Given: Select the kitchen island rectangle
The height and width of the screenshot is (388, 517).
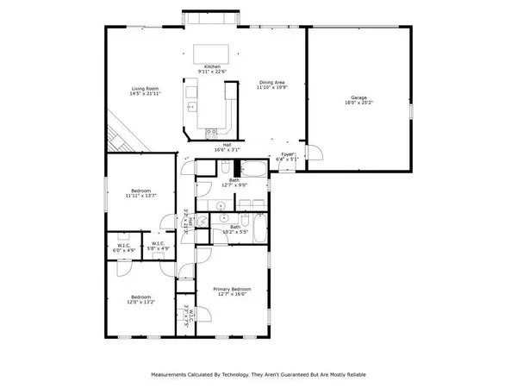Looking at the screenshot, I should (x=211, y=52).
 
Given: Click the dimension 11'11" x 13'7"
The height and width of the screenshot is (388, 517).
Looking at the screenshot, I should (x=140, y=196).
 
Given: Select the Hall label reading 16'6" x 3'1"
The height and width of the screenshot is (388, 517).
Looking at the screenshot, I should (x=227, y=149).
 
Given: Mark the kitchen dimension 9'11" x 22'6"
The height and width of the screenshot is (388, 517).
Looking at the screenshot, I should (x=212, y=72).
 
